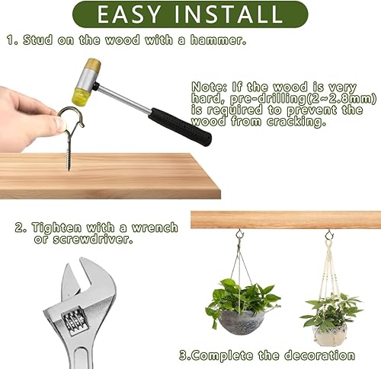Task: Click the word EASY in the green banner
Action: pyautogui.click(x=129, y=14)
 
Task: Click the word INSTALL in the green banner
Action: pyautogui.click(x=229, y=14)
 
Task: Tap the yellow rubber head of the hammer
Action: pyautogui.click(x=79, y=96)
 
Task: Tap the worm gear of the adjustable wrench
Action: pyautogui.click(x=75, y=322)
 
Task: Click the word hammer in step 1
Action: pyautogui.click(x=219, y=40)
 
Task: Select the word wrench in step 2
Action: pyautogui.click(x=155, y=227)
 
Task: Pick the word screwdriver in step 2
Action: pyautogui.click(x=93, y=239)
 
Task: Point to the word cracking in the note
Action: pyautogui.click(x=296, y=122)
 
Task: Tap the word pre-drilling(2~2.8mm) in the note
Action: pyautogui.click(x=303, y=99)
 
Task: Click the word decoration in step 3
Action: pyautogui.click(x=319, y=355)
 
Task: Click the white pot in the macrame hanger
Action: pyautogui.click(x=330, y=333)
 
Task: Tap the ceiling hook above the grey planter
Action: pyautogui.click(x=239, y=234)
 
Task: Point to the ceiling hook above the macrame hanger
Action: pyautogui.click(x=329, y=234)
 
